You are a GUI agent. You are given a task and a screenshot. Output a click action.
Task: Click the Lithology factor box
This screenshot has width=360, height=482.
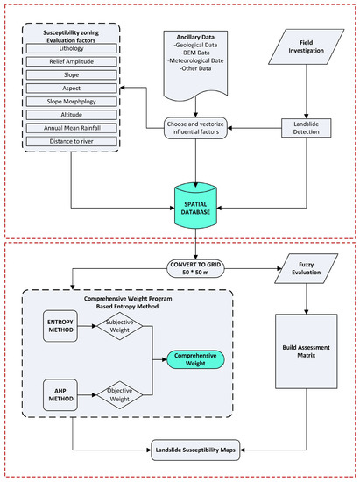tap(70, 50)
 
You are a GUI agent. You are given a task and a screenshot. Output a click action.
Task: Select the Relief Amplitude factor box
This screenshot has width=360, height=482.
tap(70, 64)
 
